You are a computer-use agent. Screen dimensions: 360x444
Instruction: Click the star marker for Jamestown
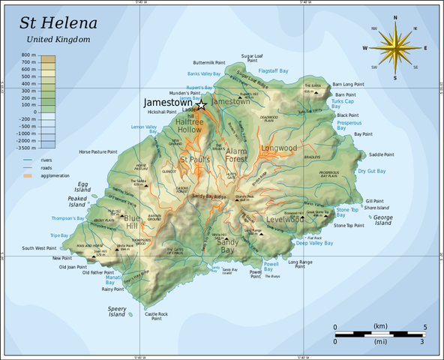pos(201,105)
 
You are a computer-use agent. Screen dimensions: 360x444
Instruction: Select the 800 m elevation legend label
pos(28,55)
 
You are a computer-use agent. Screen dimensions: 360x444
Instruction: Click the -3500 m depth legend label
pos(24,147)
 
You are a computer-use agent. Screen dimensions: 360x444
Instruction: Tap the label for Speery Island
pos(117,311)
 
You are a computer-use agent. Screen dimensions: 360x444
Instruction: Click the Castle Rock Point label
pos(157,316)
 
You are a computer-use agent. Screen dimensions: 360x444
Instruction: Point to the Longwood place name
pos(279,148)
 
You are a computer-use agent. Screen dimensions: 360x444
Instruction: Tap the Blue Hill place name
pos(132,222)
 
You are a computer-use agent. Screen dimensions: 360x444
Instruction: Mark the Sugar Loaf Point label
pos(253,58)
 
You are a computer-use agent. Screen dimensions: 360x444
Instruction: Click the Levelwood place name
pos(285,220)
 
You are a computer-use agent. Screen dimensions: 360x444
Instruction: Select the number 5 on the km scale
pos(425,327)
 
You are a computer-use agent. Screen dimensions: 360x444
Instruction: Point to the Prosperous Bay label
pos(349,124)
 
